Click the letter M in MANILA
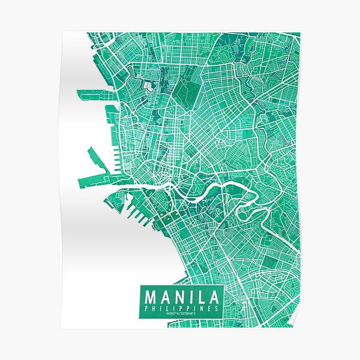click(x=151, y=297)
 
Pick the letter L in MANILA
click(x=202, y=297)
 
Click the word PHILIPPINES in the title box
click(x=182, y=308)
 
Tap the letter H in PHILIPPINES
click(x=154, y=308)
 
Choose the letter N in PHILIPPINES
click(x=204, y=308)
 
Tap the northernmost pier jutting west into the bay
click(x=90, y=92)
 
